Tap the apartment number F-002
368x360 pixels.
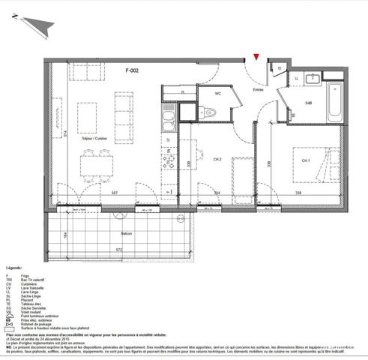pyautogui.click(x=132, y=70)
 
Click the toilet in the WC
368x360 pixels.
pyautogui.click(x=210, y=113)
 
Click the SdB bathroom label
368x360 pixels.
pyautogui.click(x=308, y=103)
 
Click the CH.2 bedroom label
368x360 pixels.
pyautogui.click(x=217, y=159)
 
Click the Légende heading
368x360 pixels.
pyautogui.click(x=14, y=268)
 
